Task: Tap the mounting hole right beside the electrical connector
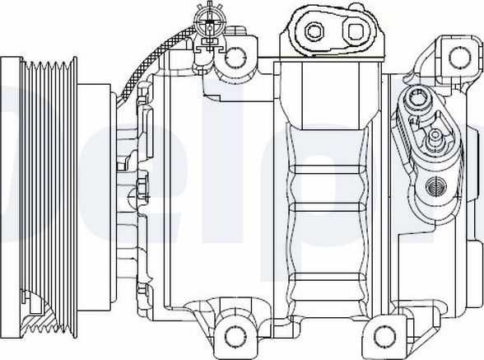point(235,55)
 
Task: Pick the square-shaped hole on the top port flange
point(356,33)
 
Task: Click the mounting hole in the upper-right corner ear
point(457,55)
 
